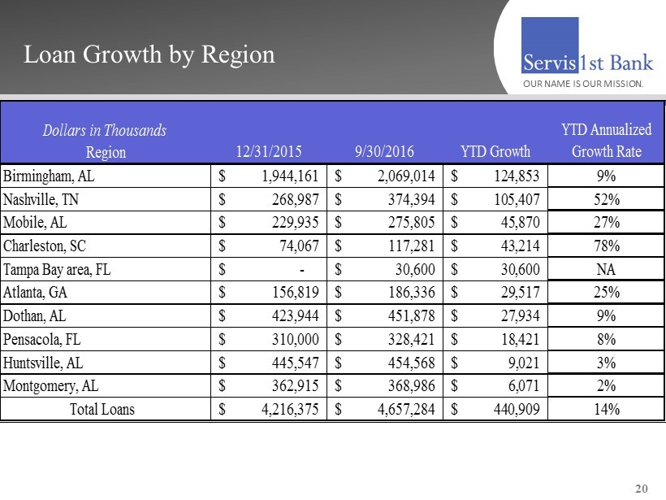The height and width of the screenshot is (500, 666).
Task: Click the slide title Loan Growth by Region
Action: (149, 54)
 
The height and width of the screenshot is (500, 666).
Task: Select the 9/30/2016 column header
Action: (384, 151)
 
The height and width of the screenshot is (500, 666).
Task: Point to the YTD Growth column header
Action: (495, 151)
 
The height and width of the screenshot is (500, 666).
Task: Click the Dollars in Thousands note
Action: (104, 130)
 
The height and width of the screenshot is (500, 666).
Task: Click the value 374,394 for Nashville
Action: (407, 199)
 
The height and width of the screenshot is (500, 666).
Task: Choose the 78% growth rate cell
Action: (606, 246)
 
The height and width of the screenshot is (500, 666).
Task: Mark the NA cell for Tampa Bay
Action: (606, 269)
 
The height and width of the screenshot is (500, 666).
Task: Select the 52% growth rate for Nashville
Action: (606, 199)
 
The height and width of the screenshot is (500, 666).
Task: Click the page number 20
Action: (641, 489)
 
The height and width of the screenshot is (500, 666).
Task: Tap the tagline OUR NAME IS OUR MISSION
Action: (582, 84)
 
